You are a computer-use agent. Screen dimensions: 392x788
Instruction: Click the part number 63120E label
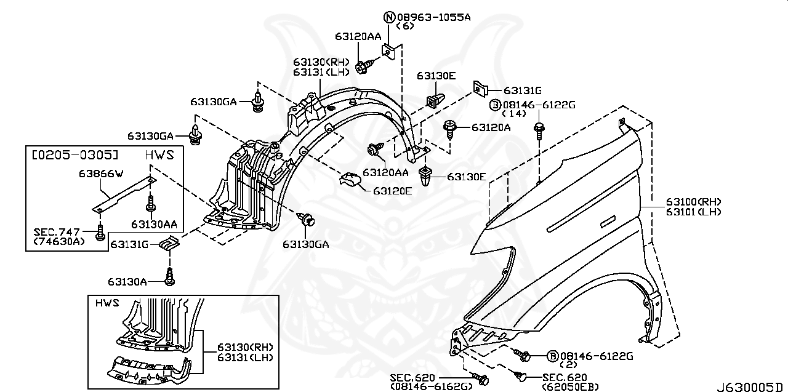pos(392,191)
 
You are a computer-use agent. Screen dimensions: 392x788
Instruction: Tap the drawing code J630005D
pos(752,386)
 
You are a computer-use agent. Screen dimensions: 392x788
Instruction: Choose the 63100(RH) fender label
pos(693,202)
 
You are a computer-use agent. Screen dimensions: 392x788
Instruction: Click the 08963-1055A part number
pos(433,17)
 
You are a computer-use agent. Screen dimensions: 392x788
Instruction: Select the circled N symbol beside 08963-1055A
pos(389,17)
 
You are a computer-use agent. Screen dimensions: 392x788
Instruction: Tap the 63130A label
pos(127,282)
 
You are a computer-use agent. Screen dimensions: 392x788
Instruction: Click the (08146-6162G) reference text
pos(431,386)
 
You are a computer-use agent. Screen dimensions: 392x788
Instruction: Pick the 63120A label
pos(491,127)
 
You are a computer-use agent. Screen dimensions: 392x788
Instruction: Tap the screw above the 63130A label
pos(170,275)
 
